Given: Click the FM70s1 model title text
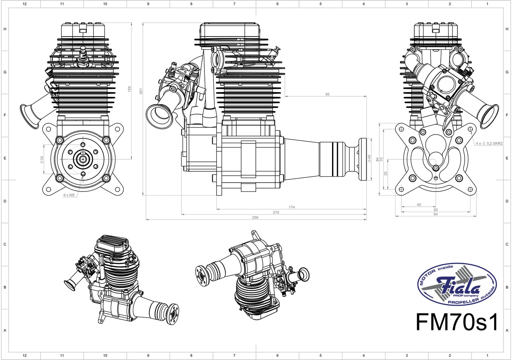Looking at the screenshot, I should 457,321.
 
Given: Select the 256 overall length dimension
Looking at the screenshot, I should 255,217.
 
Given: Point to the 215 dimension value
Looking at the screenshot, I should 276,212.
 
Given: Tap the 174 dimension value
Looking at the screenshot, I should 292,207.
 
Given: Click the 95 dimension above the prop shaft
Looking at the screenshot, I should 327,94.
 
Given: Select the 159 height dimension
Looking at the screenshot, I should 129,89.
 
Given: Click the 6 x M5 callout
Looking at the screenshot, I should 69,195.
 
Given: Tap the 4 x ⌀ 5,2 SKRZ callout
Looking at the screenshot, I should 489,143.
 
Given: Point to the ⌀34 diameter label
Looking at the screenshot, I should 42,160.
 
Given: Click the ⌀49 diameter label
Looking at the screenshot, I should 369,159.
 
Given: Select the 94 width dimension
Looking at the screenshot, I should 435,214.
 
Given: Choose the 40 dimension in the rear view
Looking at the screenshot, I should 419,205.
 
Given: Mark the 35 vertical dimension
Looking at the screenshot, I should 386,173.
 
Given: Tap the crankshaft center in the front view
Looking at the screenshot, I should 83,159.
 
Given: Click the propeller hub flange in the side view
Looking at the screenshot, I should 362,159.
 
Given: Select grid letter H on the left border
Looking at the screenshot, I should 5,29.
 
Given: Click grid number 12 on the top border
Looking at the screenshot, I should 24,4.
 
